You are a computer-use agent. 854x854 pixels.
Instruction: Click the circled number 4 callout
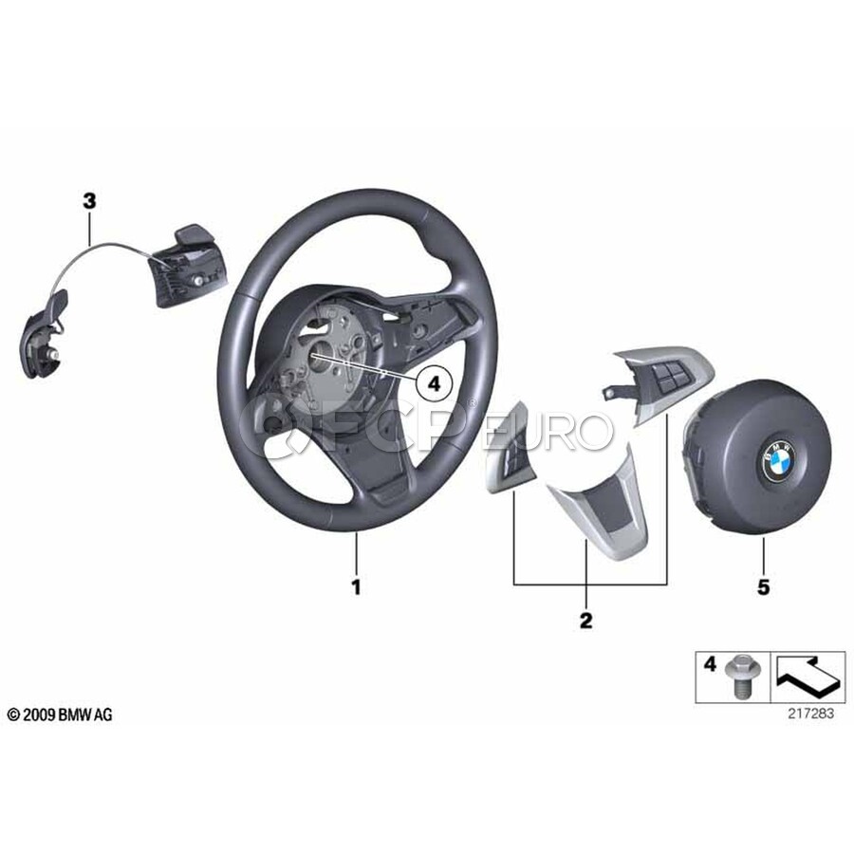point(434,384)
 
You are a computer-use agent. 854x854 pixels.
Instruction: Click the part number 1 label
point(356,587)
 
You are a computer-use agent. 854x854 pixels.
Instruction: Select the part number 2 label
point(585,621)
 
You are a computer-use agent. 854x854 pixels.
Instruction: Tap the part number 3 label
point(89,201)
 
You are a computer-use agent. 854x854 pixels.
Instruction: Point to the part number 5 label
point(763,587)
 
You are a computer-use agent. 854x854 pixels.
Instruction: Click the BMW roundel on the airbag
point(779,460)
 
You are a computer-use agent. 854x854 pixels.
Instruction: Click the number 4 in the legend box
point(710,664)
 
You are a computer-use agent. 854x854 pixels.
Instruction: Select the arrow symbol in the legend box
point(806,676)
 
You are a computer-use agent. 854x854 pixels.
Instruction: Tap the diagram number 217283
point(810,714)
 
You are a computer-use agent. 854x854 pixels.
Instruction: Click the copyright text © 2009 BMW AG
point(60,715)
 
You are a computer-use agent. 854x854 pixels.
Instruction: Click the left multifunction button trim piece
point(509,448)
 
